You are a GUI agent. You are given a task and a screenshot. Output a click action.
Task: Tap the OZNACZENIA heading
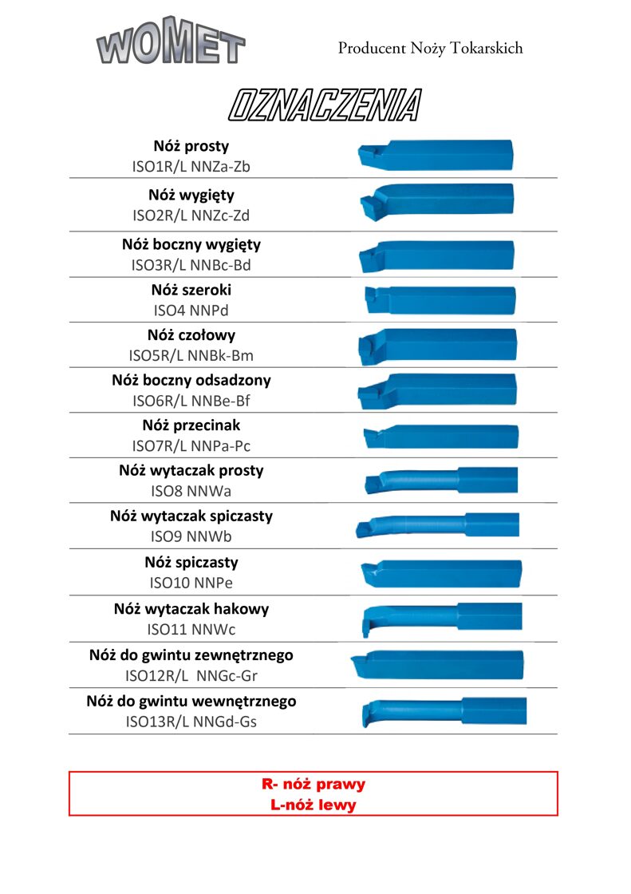pos(324,105)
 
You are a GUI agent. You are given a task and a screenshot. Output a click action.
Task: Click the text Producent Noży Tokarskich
pos(430,48)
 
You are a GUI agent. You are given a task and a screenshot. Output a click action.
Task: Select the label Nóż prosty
pos(191,146)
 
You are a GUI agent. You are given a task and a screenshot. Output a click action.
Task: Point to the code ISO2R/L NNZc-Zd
pos(191,215)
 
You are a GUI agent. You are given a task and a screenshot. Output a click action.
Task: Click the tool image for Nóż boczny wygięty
pos(436,255)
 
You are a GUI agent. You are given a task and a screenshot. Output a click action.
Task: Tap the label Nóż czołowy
pos(191,335)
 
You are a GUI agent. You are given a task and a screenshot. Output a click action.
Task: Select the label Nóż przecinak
pos(191,425)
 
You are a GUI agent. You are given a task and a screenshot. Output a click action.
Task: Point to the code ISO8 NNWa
pos(191,491)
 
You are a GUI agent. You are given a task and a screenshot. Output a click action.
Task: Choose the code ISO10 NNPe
pos(191,583)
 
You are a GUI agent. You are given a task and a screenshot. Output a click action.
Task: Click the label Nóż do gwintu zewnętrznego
pos(191,655)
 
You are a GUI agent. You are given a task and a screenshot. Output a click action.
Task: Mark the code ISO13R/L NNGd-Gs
pos(191,722)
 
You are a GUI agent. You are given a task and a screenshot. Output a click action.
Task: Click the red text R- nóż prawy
pos(313,784)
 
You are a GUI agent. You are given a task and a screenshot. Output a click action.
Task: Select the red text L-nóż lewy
pos(313,805)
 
